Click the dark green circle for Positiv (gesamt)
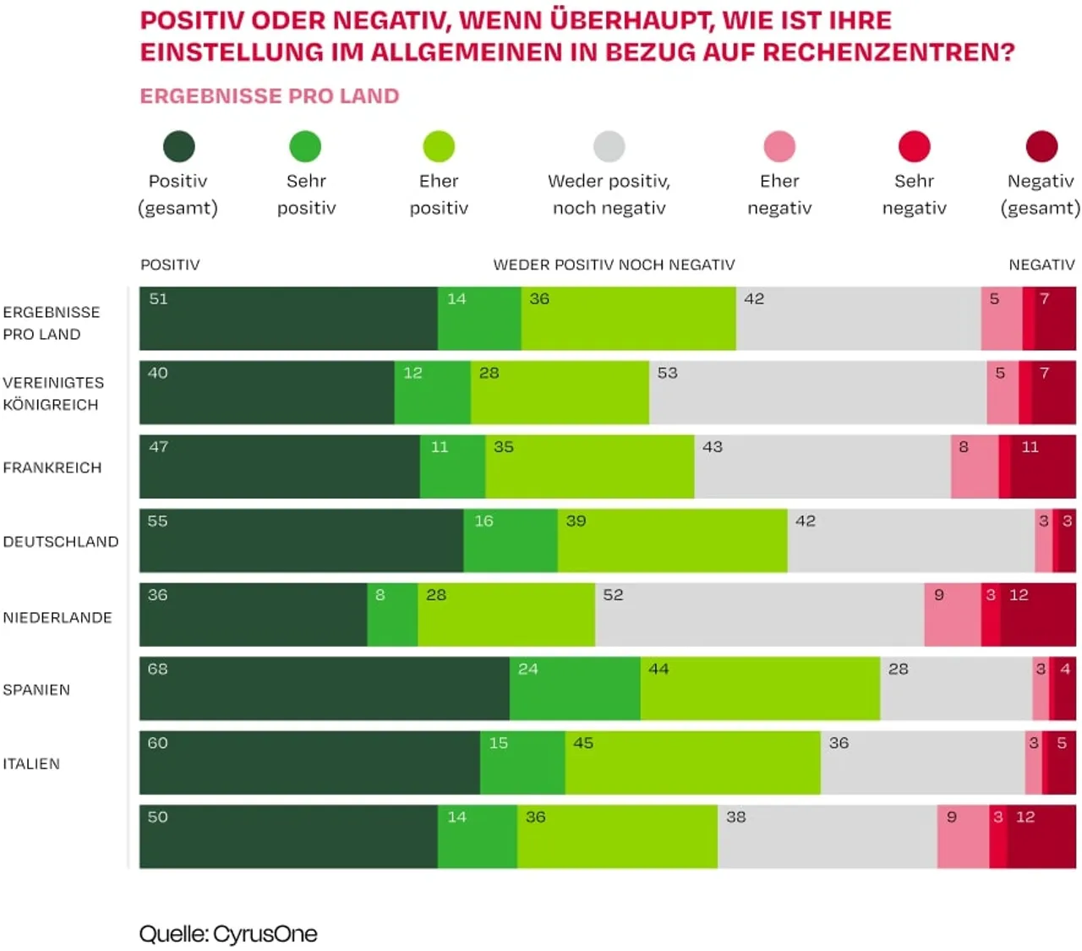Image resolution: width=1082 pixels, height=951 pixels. coord(178,146)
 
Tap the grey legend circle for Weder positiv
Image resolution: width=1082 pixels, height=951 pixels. coord(609,146)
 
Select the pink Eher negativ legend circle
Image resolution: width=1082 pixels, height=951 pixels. coord(779,146)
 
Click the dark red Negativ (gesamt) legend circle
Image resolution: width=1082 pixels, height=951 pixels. coord(1041,146)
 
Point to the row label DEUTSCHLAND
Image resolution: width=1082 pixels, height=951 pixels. coord(61,542)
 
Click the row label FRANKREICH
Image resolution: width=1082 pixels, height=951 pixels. coord(52,467)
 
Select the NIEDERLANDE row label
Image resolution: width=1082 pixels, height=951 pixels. coord(57,617)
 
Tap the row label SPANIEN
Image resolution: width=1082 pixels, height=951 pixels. coord(36,690)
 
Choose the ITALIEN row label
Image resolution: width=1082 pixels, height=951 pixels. coord(31,763)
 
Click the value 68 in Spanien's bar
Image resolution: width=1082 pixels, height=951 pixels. coord(158,669)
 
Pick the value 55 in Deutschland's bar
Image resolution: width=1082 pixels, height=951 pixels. coord(158,521)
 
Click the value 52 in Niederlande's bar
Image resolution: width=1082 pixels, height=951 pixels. coord(613,595)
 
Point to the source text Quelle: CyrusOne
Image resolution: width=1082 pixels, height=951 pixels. coord(228,934)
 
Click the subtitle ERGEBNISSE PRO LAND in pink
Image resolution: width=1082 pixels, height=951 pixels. coord(269,96)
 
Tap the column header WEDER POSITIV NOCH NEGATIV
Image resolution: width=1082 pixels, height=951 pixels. coord(614,265)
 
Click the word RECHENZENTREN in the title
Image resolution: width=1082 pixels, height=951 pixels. coord(888,52)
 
